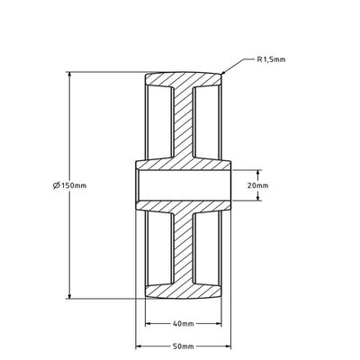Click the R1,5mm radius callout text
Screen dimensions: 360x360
tap(271, 59)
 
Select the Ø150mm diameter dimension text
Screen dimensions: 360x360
tap(69, 185)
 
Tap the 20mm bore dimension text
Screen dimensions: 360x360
tap(257, 185)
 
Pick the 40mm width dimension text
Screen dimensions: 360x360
tap(184, 324)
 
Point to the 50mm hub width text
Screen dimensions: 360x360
tap(184, 346)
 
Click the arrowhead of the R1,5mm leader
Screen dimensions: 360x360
tap(223, 72)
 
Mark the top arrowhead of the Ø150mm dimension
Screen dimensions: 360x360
tap(69, 75)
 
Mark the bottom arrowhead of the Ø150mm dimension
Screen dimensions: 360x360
tap(69, 295)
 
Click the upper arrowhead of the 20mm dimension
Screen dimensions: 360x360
tap(258, 173)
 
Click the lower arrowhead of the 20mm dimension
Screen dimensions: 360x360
tap(258, 197)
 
